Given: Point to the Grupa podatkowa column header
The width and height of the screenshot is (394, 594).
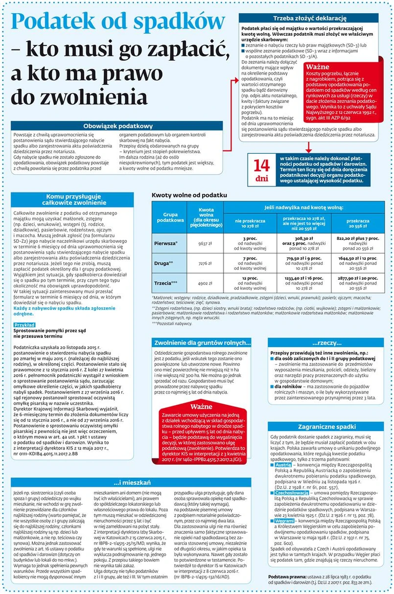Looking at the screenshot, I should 170,217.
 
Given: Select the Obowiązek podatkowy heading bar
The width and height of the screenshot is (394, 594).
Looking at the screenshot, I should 118,126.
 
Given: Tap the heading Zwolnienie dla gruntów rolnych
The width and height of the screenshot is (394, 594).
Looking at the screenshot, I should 202,343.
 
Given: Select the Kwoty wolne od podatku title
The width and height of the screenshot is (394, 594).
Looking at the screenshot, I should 189,195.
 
